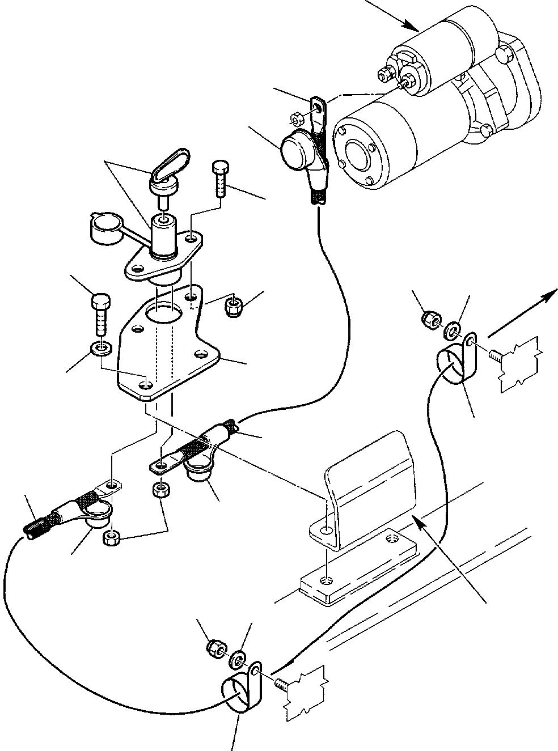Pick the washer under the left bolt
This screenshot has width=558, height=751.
pyautogui.click(x=101, y=347)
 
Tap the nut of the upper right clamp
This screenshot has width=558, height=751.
pyautogui.click(x=429, y=321)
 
